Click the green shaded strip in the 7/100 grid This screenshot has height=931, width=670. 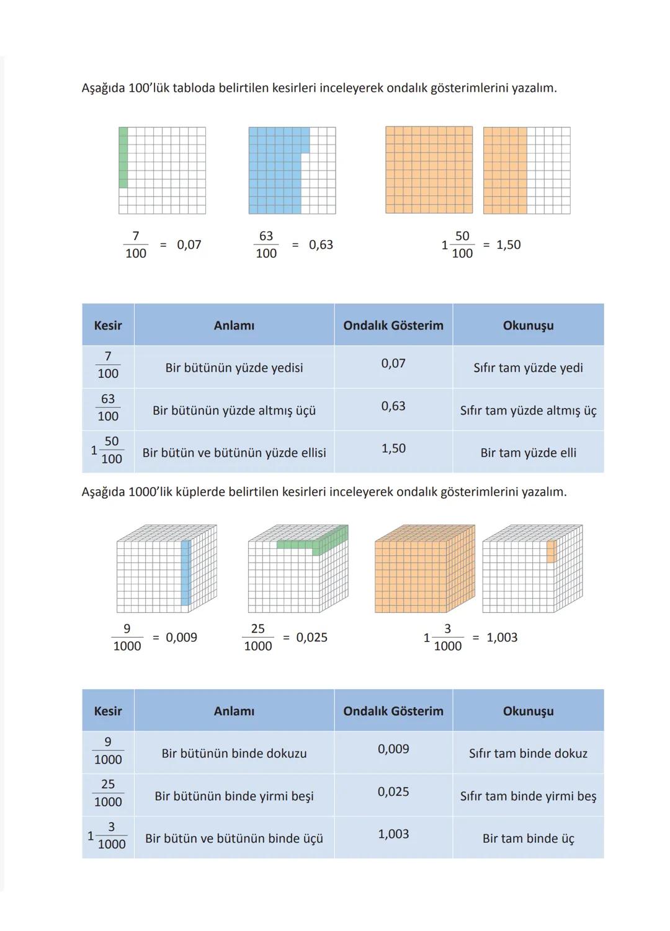[x=123, y=157]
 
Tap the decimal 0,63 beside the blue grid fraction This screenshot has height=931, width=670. [x=321, y=245]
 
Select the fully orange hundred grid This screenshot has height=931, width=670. [x=429, y=170]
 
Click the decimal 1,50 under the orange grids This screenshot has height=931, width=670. [x=509, y=245]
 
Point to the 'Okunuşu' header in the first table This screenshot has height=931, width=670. [x=528, y=326]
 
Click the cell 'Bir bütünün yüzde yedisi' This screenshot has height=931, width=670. [x=234, y=368]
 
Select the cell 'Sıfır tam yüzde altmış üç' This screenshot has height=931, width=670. [x=528, y=411]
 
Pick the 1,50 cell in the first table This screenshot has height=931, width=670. [x=393, y=448]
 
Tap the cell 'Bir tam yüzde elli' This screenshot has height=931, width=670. [x=528, y=453]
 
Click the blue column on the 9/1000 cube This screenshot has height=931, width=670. [x=185, y=572]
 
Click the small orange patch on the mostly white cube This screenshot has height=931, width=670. [x=552, y=551]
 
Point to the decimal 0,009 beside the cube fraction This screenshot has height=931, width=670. [x=181, y=638]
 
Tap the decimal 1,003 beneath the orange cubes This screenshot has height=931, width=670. [x=502, y=638]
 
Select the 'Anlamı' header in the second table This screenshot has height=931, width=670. [x=234, y=711]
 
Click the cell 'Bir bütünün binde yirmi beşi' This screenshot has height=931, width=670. [x=234, y=796]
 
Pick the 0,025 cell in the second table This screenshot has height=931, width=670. [x=393, y=792]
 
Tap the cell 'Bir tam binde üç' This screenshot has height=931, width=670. [x=528, y=839]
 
